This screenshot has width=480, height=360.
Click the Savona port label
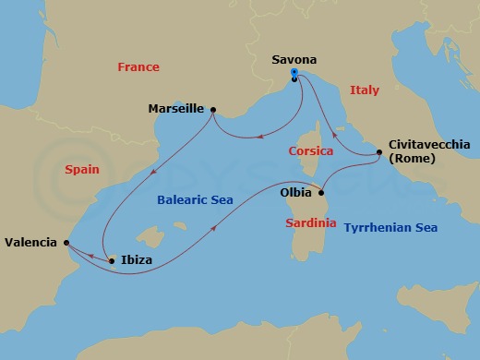[294, 60]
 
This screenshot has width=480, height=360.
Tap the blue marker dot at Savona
[294, 72]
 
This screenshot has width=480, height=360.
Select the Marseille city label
[177, 109]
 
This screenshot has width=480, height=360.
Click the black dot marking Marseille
[213, 110]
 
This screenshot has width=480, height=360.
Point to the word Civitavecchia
[429, 144]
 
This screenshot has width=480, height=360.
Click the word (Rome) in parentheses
[413, 159]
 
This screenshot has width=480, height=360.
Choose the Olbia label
[295, 194]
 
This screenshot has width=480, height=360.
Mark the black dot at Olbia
[321, 193]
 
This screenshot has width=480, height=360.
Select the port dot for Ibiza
[112, 261]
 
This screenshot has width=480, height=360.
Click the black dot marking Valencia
[66, 243]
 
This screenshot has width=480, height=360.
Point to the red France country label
[138, 67]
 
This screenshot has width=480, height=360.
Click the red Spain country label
[82, 170]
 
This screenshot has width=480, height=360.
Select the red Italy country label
[365, 90]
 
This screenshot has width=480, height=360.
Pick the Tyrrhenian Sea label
[390, 228]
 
